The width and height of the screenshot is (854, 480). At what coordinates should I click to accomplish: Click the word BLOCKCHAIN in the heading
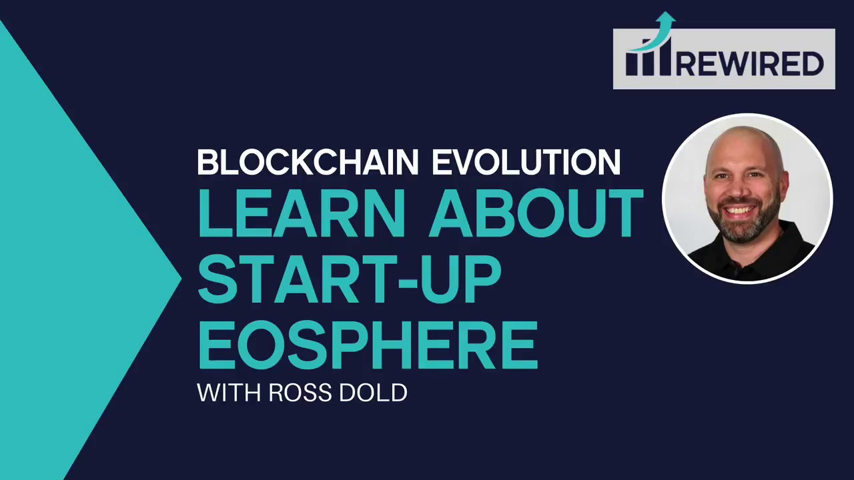(308, 163)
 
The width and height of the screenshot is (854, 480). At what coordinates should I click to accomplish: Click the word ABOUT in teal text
(536, 214)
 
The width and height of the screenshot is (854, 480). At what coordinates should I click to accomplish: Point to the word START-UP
(349, 279)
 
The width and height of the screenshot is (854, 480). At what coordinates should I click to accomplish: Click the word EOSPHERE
(368, 344)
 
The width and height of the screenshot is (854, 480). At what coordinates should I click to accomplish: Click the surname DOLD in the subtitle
(373, 393)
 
